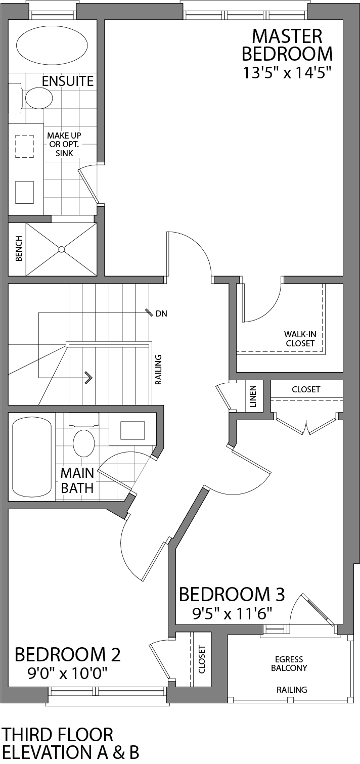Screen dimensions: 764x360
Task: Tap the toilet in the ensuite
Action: coord(38,98)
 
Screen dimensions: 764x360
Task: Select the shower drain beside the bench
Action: coord(61,249)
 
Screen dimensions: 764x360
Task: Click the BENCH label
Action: coord(19,249)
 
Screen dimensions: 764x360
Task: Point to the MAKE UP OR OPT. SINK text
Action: coord(64,144)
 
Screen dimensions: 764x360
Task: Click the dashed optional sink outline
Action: coord(24,147)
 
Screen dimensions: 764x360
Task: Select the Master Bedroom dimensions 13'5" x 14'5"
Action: coord(287,73)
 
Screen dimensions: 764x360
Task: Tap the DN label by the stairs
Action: coord(161,313)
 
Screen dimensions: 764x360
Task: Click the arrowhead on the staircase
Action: coord(89,377)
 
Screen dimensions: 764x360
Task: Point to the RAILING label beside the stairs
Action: coord(158,370)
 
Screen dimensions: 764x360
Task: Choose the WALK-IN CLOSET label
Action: coord(299,339)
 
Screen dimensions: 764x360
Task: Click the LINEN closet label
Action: coord(253,396)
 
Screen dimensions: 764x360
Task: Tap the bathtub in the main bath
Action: coord(32,457)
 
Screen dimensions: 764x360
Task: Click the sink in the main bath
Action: coord(132,430)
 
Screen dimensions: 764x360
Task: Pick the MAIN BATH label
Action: coord(77,480)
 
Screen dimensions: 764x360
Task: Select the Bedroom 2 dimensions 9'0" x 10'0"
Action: coord(69,673)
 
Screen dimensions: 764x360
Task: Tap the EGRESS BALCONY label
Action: coord(289,663)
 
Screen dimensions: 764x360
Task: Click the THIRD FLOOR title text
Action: coord(58,734)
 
